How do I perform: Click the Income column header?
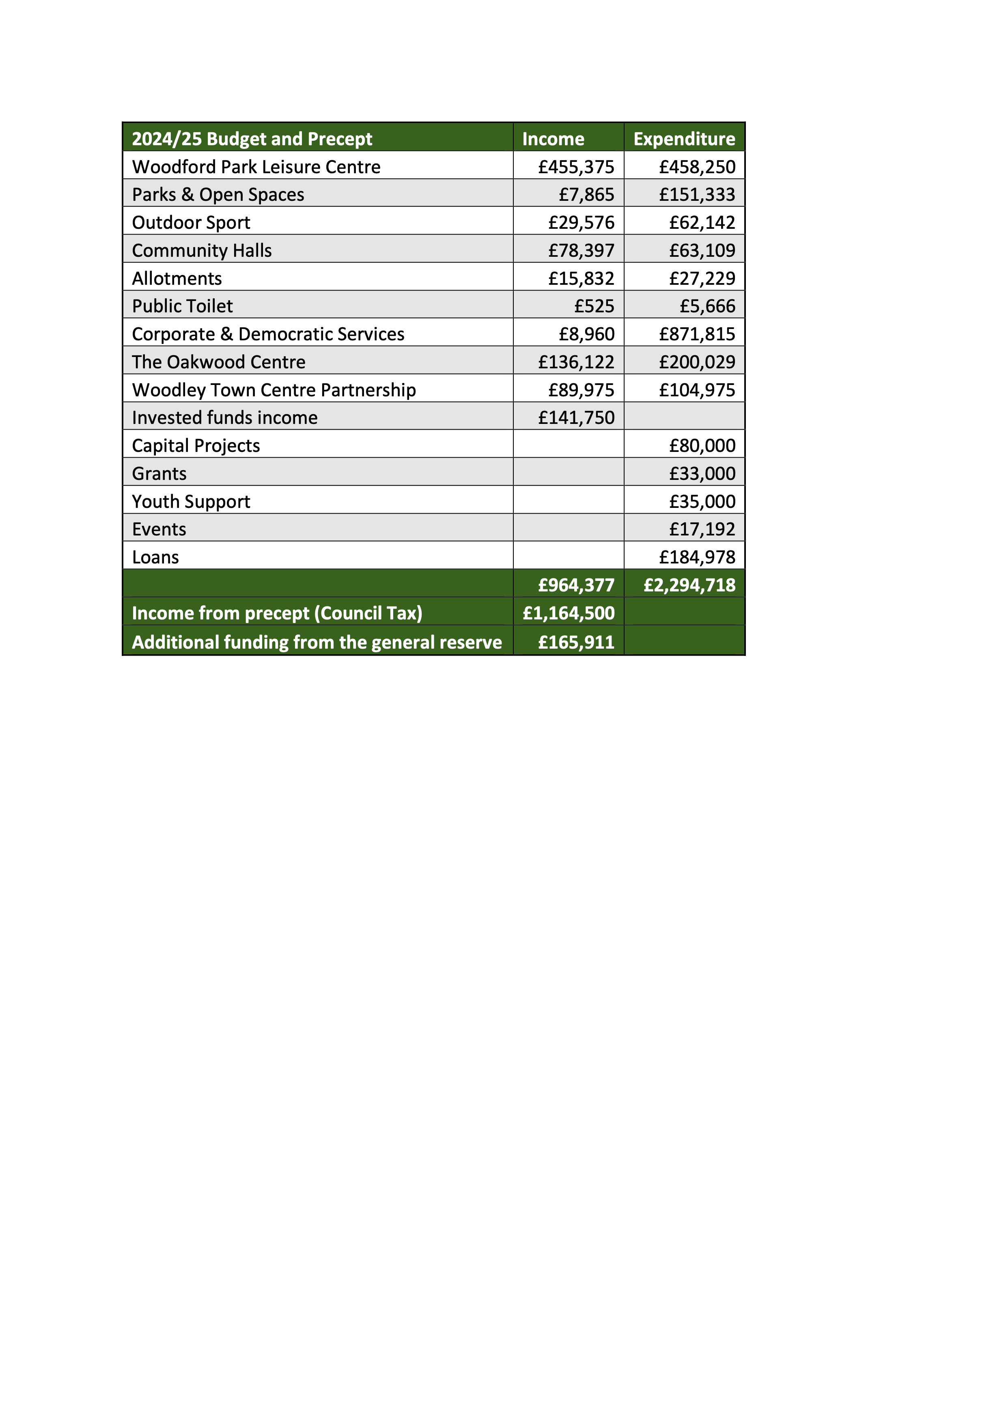(x=553, y=139)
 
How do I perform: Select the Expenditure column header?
(x=684, y=139)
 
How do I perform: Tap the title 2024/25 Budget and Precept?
(x=252, y=139)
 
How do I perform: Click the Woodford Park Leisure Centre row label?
(x=256, y=167)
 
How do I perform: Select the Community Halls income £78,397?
(x=581, y=250)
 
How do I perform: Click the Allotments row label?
(x=177, y=278)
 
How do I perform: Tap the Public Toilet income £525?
(x=594, y=306)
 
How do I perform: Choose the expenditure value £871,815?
(x=697, y=334)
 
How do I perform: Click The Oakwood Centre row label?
(x=218, y=362)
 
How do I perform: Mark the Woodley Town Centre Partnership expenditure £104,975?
(x=697, y=390)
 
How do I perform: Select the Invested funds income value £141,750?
(x=576, y=418)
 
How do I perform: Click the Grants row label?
(x=159, y=473)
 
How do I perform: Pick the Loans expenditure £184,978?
(x=697, y=557)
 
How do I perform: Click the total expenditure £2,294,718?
(x=689, y=585)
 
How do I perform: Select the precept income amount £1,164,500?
(x=569, y=613)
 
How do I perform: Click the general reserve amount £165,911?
(x=576, y=642)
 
